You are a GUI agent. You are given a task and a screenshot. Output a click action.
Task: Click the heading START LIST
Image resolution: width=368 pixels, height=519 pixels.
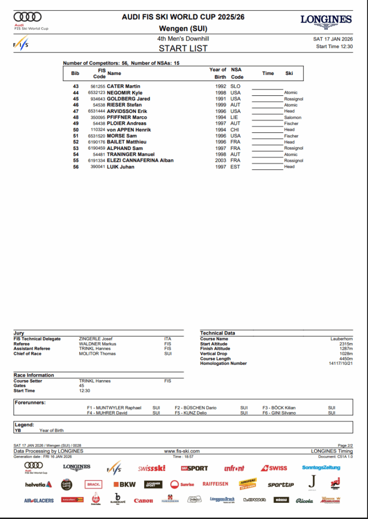[x=183, y=49]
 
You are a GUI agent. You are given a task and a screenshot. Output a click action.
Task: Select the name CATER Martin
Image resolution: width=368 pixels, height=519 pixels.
[x=123, y=87]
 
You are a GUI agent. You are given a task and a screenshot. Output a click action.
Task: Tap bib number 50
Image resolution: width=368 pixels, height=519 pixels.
[x=76, y=130]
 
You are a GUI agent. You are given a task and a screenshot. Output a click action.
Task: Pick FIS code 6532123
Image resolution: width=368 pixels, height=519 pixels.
[x=96, y=93]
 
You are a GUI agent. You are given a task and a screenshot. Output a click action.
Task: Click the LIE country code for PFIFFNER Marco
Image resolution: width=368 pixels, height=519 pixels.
[x=235, y=118]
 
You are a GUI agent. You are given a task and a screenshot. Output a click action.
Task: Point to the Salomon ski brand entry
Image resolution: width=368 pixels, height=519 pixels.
[x=292, y=118]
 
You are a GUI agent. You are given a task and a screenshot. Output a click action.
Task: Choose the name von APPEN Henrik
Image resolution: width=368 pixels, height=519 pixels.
[x=129, y=130]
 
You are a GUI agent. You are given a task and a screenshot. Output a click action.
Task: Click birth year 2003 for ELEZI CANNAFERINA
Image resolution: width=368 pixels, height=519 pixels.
[x=220, y=161]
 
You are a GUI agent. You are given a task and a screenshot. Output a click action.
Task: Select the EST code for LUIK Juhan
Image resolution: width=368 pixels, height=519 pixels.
[x=235, y=167]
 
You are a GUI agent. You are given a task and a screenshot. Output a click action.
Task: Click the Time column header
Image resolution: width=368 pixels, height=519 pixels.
[x=268, y=73]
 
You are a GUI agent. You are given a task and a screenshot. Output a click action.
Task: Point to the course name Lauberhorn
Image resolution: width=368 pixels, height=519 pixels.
[x=342, y=339]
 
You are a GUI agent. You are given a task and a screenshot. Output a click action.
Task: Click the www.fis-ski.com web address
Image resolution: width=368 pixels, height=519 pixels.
[x=182, y=451]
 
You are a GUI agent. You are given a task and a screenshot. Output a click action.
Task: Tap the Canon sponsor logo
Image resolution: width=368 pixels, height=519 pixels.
[x=143, y=501]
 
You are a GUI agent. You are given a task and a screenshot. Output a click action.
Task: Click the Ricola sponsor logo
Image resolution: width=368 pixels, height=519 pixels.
[x=305, y=501]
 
